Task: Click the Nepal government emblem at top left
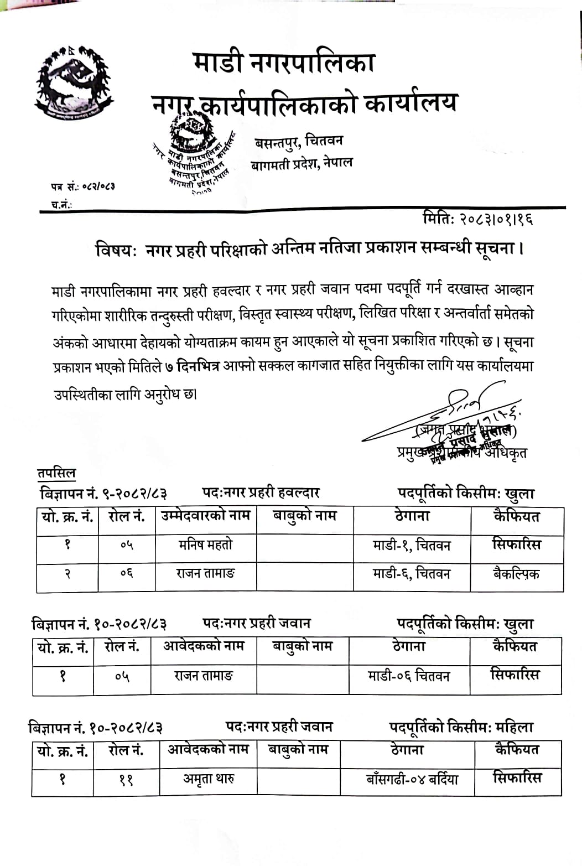tap(73, 83)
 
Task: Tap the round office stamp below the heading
tap(194, 156)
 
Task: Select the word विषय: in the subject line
tap(116, 250)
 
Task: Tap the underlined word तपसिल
tap(56, 474)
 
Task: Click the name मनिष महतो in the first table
tap(205, 545)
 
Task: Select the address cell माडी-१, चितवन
tap(412, 546)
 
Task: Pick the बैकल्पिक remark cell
tap(516, 574)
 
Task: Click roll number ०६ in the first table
tap(127, 574)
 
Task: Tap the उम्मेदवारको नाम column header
tap(206, 516)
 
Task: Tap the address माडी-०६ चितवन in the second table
tap(409, 676)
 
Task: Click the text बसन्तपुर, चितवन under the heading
tap(299, 141)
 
